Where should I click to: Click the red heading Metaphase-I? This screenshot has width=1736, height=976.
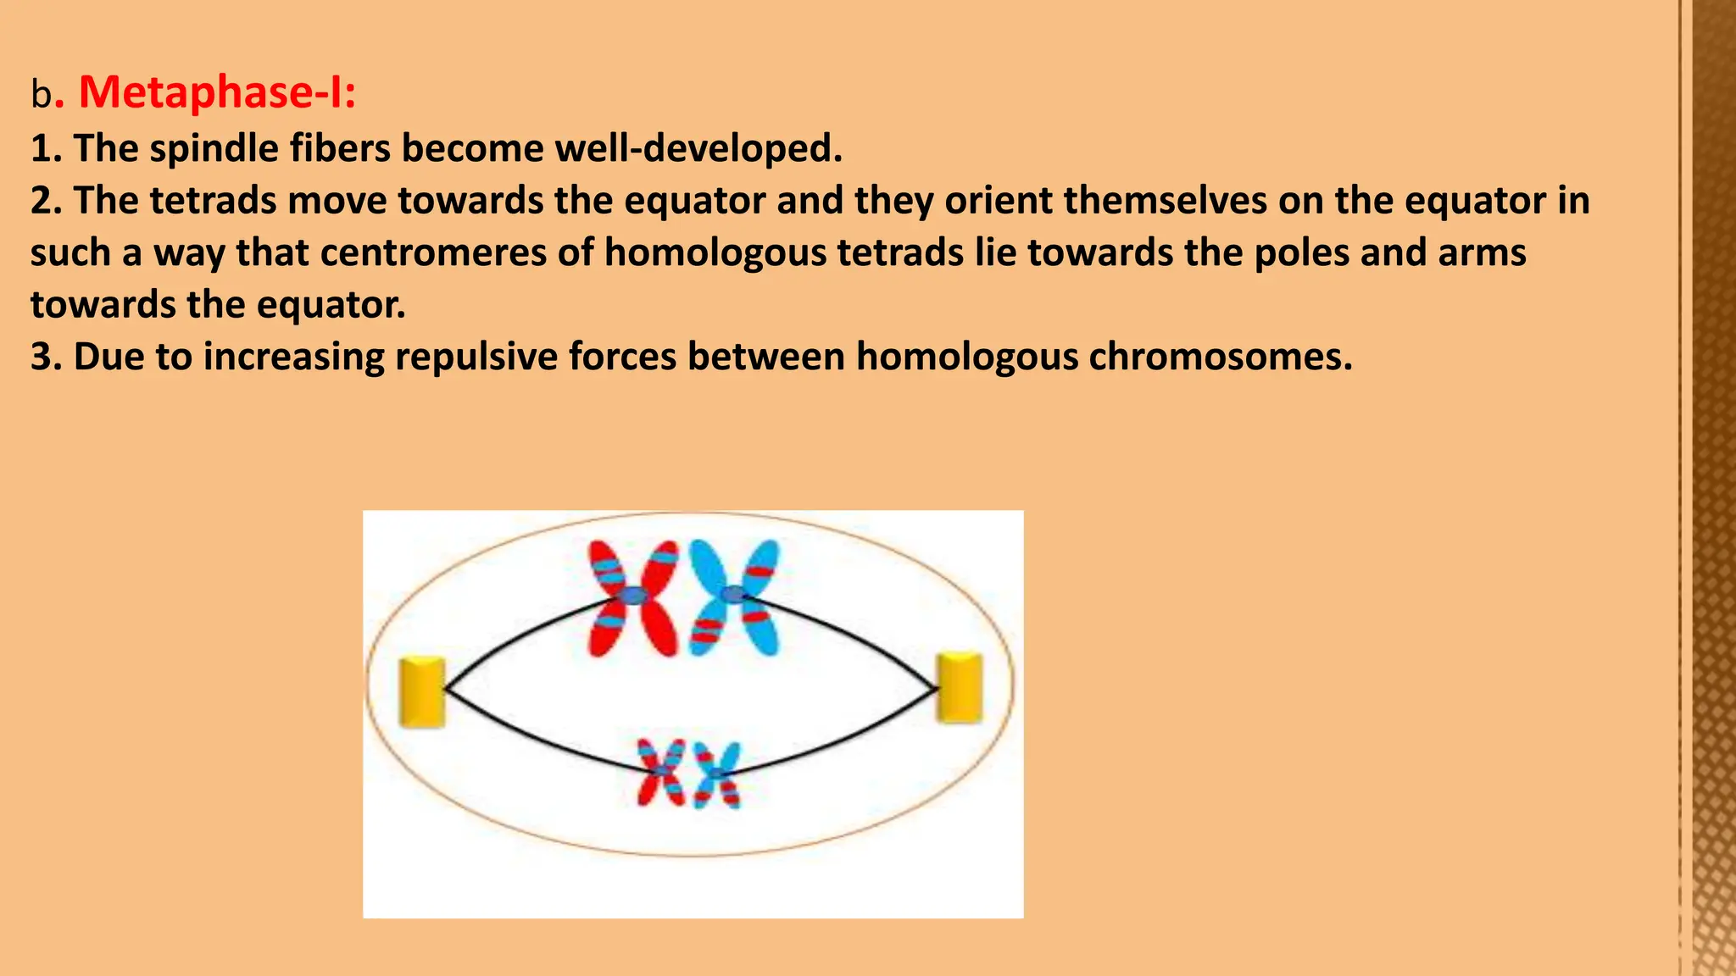coord(217,91)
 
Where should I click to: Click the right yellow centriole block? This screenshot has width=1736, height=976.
coord(960,688)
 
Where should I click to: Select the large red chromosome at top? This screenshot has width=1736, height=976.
coord(634,598)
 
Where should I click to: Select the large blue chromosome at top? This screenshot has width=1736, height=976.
coord(734,596)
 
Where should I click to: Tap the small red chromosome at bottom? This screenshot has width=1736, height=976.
coord(661,772)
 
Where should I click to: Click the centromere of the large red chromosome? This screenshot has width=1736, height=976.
coord(633,596)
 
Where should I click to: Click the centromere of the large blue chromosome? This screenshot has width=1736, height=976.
coord(732,594)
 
